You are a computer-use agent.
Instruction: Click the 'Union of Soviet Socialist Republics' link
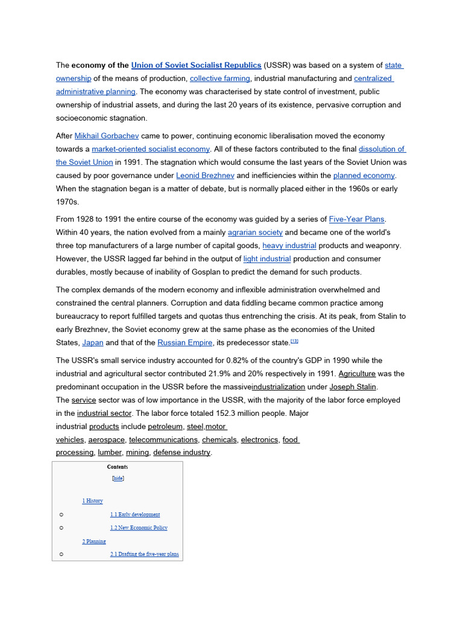pyautogui.click(x=196, y=65)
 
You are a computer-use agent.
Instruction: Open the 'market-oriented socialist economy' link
pyautogui.click(x=151, y=149)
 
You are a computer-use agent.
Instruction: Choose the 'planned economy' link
pyautogui.click(x=364, y=176)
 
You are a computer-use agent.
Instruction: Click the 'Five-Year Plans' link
pyautogui.click(x=356, y=219)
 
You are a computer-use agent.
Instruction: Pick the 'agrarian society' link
pyautogui.click(x=255, y=232)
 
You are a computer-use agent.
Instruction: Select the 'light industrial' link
pyautogui.click(x=267, y=259)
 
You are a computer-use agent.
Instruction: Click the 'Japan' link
pyautogui.click(x=93, y=343)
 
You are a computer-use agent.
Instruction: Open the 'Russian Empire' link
pyautogui.click(x=185, y=343)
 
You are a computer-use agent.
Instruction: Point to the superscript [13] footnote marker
pyautogui.click(x=294, y=341)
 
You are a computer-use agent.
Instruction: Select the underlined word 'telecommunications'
pyautogui.click(x=163, y=440)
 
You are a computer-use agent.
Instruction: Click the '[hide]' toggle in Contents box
pyautogui.click(x=118, y=478)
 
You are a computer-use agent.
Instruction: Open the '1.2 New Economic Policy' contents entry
pyautogui.click(x=139, y=528)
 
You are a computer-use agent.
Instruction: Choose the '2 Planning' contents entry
pyautogui.click(x=94, y=541)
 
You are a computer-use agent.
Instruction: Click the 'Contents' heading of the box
pyautogui.click(x=118, y=467)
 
